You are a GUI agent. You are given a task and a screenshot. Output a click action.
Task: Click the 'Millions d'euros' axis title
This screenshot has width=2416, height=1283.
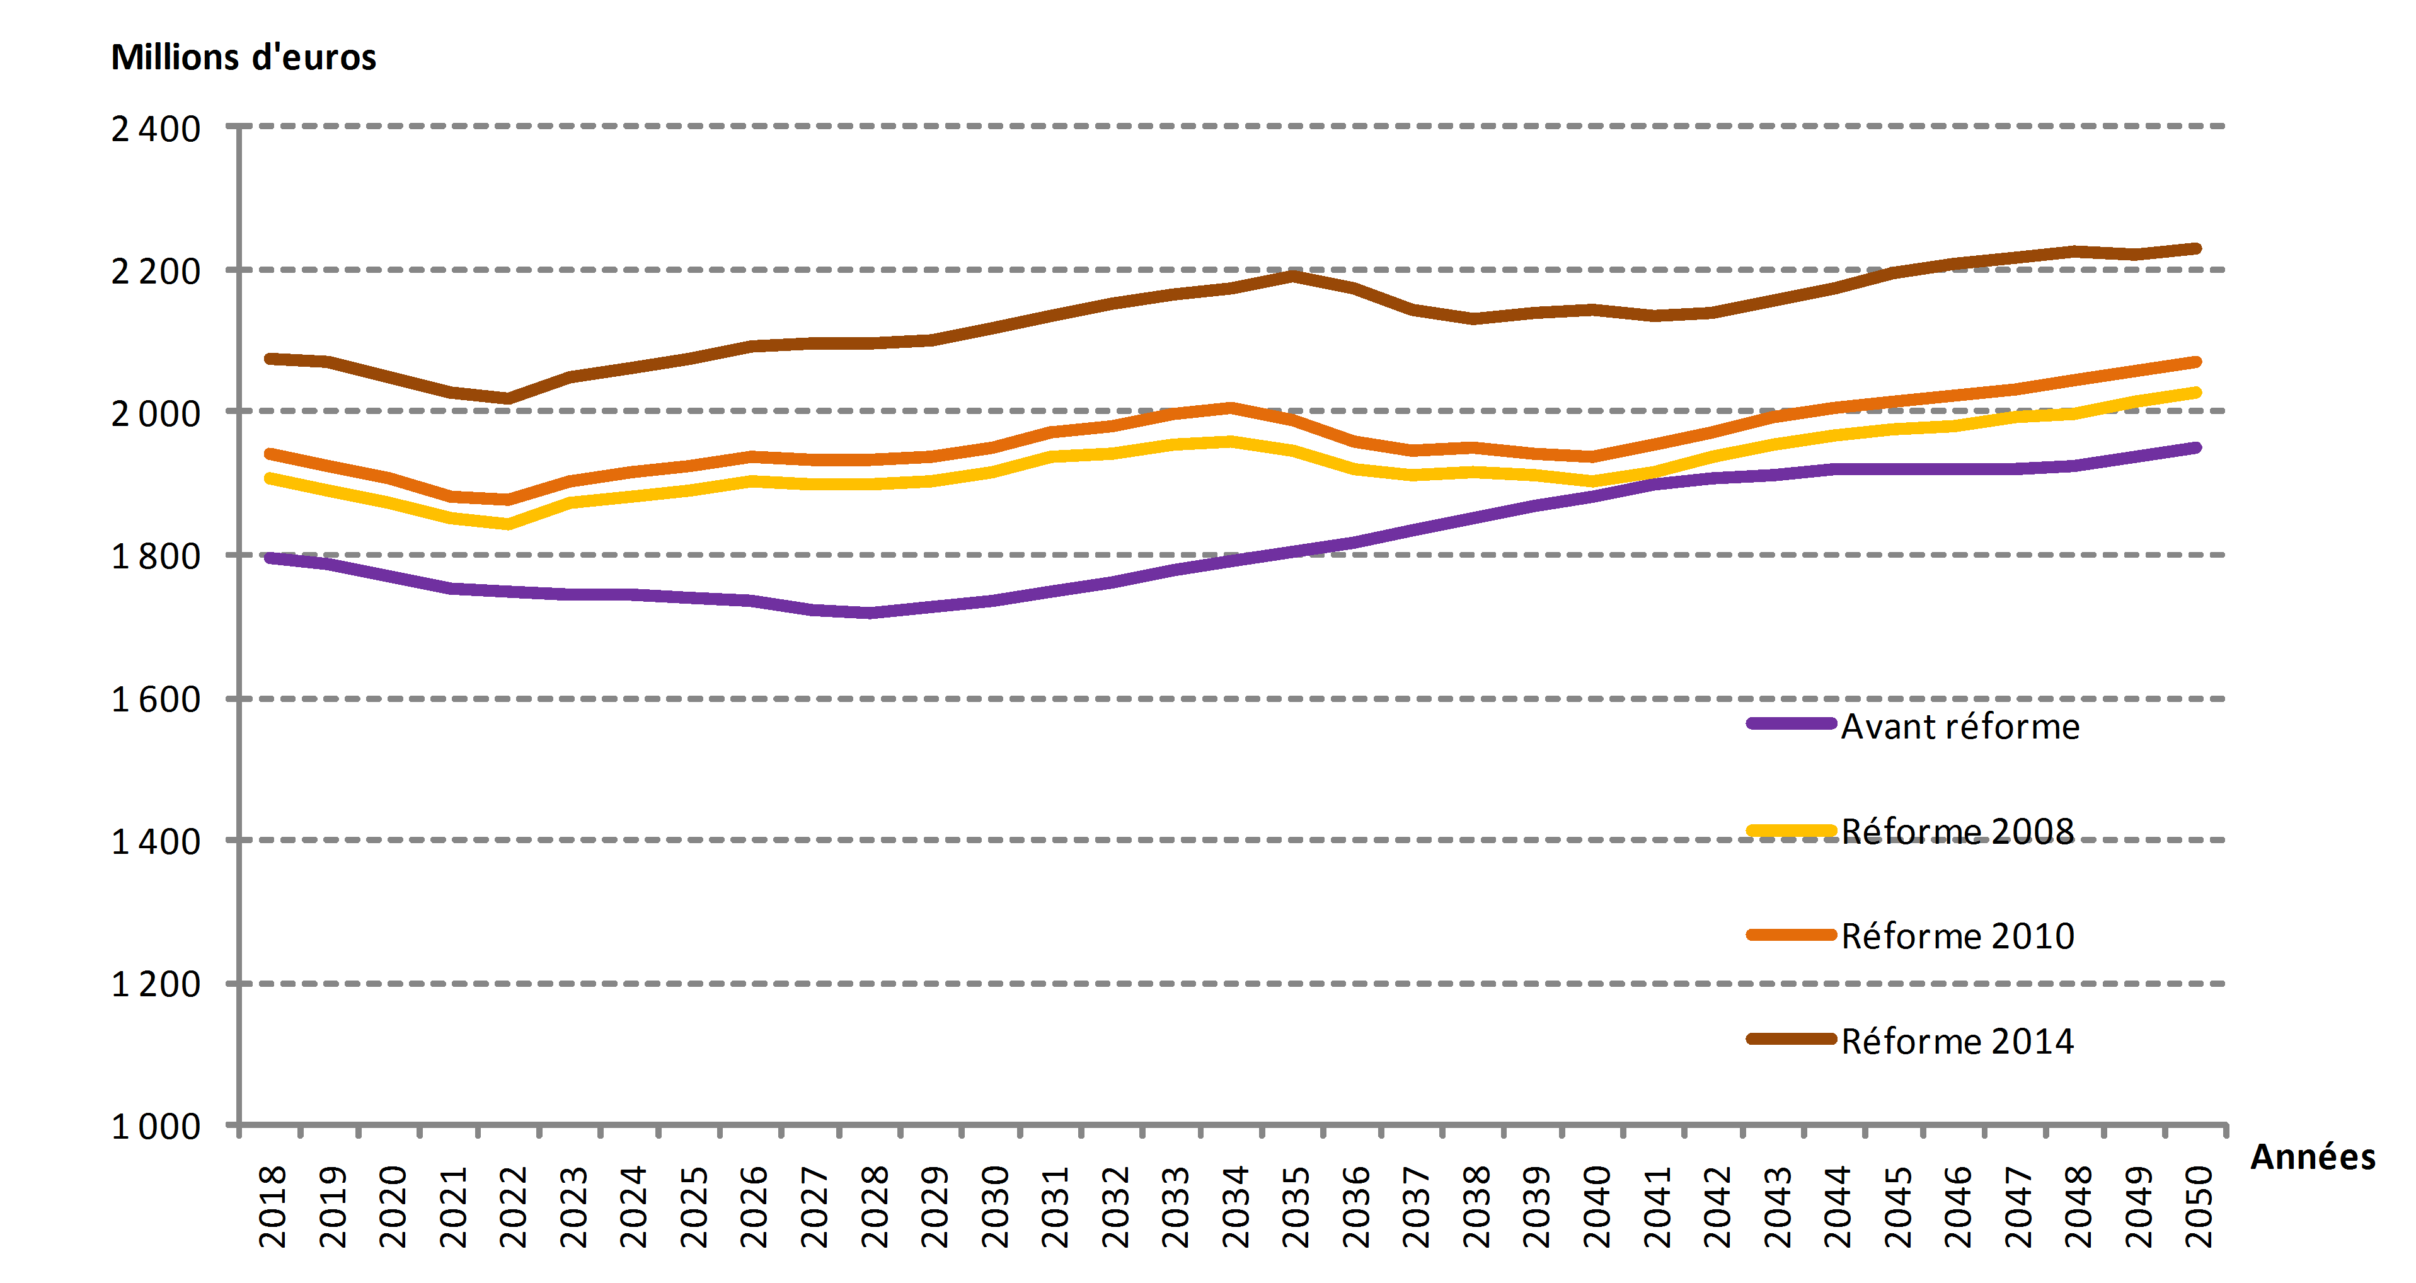(244, 57)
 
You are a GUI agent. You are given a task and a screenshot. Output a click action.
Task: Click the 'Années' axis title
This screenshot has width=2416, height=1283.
(2313, 1156)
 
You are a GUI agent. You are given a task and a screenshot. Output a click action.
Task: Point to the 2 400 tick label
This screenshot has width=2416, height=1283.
(156, 129)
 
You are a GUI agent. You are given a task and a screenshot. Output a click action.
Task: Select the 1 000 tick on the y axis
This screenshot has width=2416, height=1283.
(156, 1126)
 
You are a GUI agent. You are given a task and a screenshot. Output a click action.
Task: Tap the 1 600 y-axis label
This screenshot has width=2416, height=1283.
(156, 699)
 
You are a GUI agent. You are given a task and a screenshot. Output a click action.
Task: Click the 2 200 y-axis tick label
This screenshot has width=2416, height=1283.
(156, 272)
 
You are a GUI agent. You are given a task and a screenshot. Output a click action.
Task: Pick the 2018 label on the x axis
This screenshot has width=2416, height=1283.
(272, 1206)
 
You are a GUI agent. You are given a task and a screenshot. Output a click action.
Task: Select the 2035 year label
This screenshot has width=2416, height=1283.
(1295, 1206)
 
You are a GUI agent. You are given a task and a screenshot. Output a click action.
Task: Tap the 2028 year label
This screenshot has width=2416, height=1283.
(874, 1206)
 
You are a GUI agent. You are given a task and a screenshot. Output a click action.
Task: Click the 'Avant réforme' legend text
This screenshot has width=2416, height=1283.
(1960, 727)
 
